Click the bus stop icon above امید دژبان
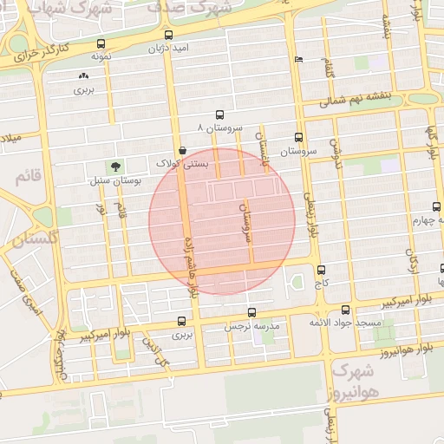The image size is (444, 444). pyautogui.click(x=168, y=36)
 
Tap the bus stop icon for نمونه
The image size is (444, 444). pyautogui.click(x=102, y=43)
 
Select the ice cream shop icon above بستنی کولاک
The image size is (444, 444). pyautogui.click(x=181, y=150)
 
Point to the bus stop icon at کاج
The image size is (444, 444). pyautogui.click(x=322, y=270)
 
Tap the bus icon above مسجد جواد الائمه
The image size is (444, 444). pyautogui.click(x=346, y=310)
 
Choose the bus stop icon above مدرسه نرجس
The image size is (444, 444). pyautogui.click(x=251, y=312)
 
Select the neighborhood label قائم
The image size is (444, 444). pyautogui.click(x=28, y=176)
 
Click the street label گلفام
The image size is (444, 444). pyautogui.click(x=329, y=69)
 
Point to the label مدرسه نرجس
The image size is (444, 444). pyautogui.click(x=253, y=326)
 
